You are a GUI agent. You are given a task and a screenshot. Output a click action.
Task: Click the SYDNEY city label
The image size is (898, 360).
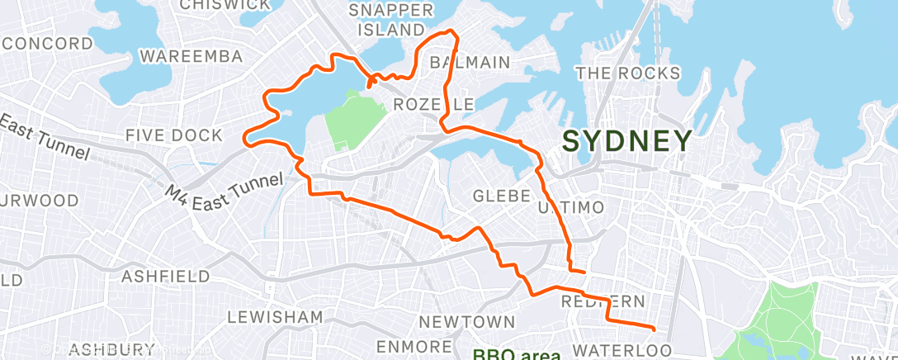626,140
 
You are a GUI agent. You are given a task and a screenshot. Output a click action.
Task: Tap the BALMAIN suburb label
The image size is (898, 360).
470,63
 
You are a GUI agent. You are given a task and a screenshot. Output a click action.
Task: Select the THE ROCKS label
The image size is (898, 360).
628,73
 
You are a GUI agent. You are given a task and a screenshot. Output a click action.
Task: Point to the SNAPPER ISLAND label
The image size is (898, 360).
391,20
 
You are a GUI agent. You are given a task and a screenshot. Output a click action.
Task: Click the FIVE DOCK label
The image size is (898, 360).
174,135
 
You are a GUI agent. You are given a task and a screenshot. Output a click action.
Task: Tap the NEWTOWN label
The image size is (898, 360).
467,321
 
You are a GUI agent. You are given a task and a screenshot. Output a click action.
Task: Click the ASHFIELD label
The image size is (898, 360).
166,276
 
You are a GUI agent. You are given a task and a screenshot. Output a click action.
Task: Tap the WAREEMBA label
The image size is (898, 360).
191,56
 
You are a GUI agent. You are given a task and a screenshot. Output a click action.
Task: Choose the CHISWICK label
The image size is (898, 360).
225,5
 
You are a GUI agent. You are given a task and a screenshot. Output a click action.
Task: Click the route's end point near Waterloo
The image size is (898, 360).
654,329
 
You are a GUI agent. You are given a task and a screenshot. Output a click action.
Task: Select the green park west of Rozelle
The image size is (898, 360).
353,120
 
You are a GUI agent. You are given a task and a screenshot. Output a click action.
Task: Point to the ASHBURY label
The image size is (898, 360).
113,349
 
